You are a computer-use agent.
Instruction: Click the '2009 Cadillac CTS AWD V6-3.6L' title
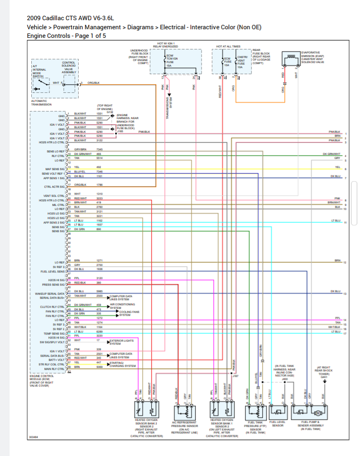70,18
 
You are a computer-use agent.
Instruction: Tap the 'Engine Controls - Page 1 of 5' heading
66,36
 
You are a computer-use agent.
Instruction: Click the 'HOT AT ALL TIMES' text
228,46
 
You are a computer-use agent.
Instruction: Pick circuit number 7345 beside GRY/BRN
99,149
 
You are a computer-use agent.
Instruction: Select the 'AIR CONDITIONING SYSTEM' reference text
123,306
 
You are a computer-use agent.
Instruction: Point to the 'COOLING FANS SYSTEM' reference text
130,313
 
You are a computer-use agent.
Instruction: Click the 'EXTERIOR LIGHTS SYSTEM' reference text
123,342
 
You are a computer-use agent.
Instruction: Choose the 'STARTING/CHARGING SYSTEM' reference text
123,364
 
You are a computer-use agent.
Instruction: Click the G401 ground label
324,377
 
